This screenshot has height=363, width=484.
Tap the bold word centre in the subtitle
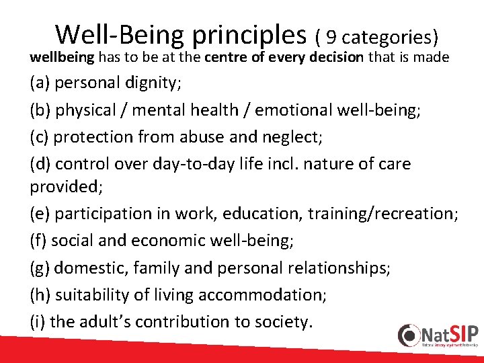click(225, 58)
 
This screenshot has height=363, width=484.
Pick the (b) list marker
click(40, 110)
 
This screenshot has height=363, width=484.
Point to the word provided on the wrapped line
click(62, 186)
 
